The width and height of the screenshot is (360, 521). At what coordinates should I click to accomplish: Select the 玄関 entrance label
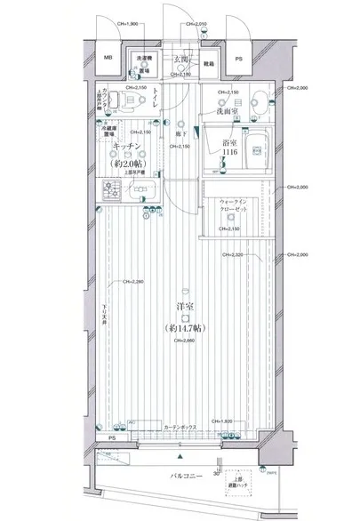[x=181, y=59]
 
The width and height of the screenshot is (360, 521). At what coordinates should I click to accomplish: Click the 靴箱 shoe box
[x=209, y=64]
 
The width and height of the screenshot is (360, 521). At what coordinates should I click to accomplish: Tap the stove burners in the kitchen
[x=114, y=188]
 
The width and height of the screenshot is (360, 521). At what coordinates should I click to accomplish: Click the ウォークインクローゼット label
[x=233, y=207]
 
